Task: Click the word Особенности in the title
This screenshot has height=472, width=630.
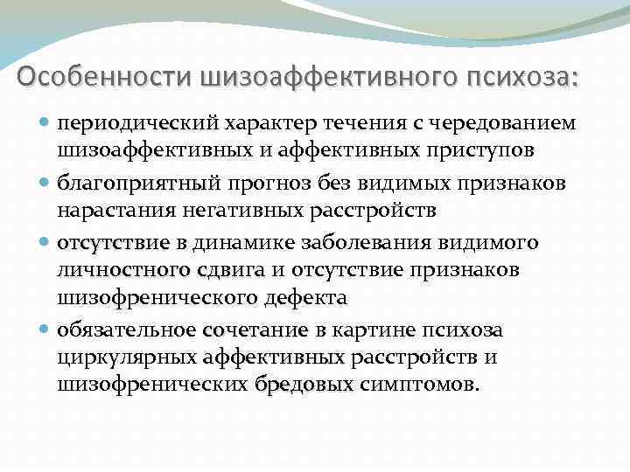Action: click(103, 76)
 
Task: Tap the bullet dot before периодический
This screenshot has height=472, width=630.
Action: click(44, 122)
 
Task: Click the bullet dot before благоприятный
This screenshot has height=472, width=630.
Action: click(44, 183)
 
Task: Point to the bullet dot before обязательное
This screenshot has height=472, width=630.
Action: click(44, 330)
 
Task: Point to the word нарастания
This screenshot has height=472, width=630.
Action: click(116, 211)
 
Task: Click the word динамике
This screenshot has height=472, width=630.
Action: click(244, 243)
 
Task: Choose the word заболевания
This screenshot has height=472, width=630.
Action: click(366, 243)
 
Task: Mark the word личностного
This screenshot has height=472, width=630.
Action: click(123, 270)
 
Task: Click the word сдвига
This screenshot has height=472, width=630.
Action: click(231, 271)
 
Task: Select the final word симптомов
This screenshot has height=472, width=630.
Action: click(419, 385)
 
